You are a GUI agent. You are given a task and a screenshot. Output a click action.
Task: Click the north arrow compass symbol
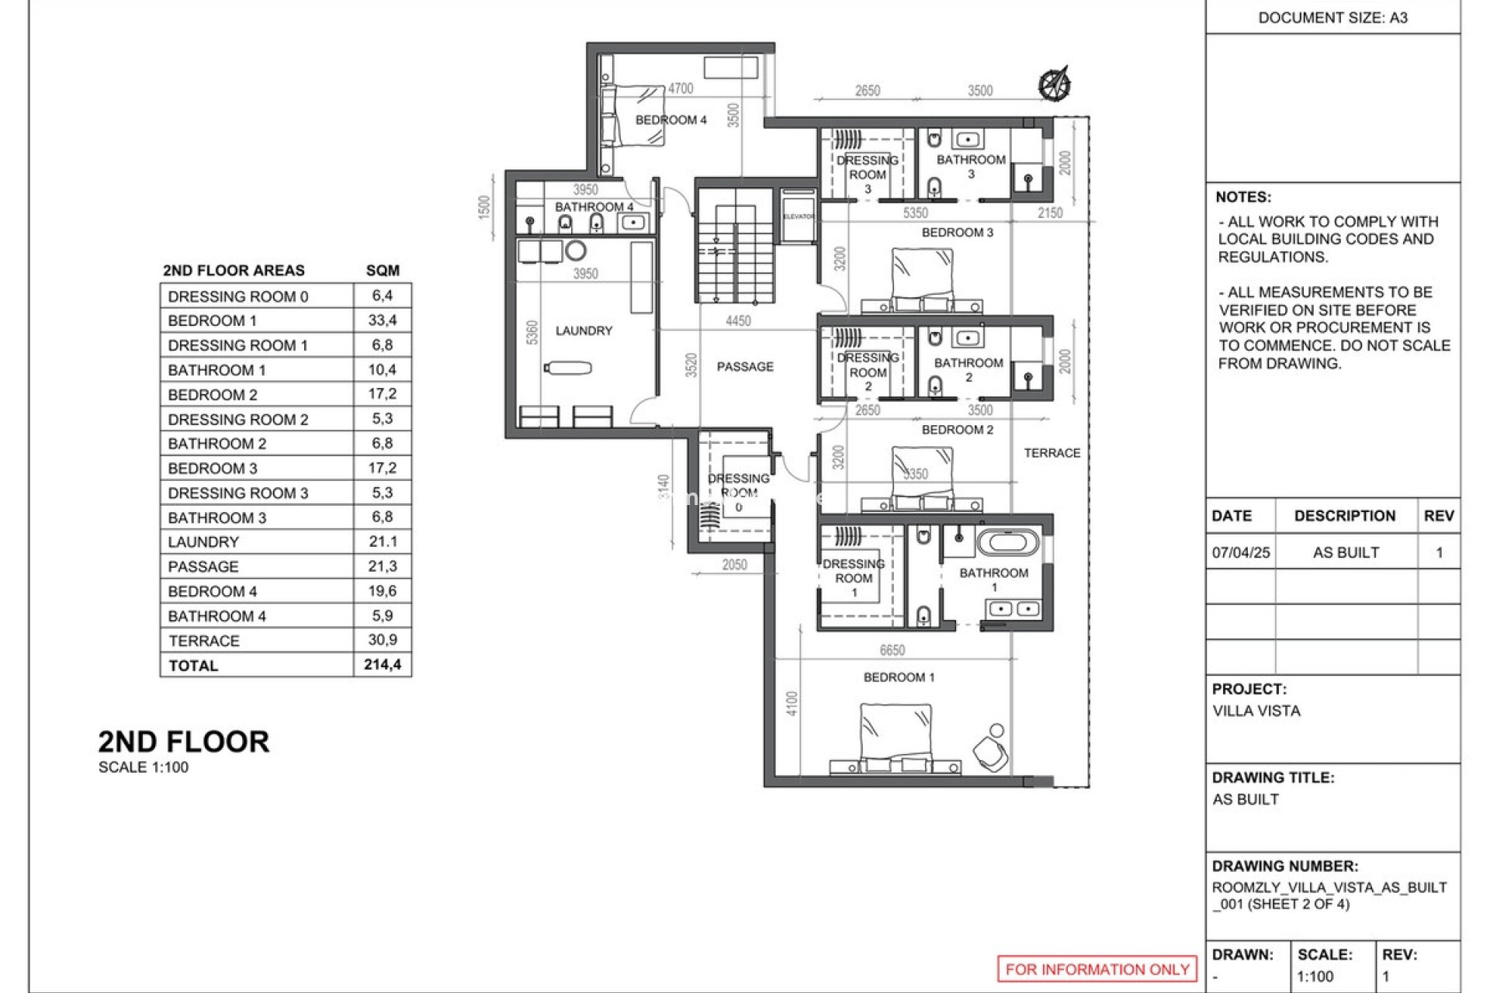click(x=1055, y=84)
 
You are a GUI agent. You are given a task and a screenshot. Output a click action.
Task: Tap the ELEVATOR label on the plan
click(x=799, y=216)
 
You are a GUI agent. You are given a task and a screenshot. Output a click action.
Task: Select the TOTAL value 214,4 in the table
click(x=382, y=665)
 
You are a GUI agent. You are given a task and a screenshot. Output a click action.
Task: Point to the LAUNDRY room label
click(x=584, y=330)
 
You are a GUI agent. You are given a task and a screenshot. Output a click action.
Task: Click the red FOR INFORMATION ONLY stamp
click(x=1097, y=969)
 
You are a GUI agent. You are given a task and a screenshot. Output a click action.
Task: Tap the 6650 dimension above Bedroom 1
click(x=892, y=650)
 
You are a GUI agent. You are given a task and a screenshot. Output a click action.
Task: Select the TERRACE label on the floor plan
click(x=1052, y=453)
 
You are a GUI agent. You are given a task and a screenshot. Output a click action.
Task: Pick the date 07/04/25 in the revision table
click(x=1240, y=552)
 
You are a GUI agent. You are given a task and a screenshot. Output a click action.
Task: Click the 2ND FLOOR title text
click(x=183, y=742)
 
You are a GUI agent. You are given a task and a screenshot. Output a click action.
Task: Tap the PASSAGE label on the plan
click(x=744, y=366)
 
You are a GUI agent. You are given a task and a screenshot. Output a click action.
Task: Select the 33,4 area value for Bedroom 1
click(x=382, y=320)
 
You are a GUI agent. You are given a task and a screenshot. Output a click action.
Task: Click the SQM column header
click(x=382, y=270)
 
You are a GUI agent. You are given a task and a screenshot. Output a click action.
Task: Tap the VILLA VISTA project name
click(x=1256, y=711)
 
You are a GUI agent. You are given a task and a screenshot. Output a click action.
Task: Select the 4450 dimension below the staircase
click(x=737, y=320)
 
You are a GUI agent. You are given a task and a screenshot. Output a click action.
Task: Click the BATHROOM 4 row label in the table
click(x=217, y=616)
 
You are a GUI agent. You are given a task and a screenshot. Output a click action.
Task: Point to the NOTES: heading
click(x=1242, y=197)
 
